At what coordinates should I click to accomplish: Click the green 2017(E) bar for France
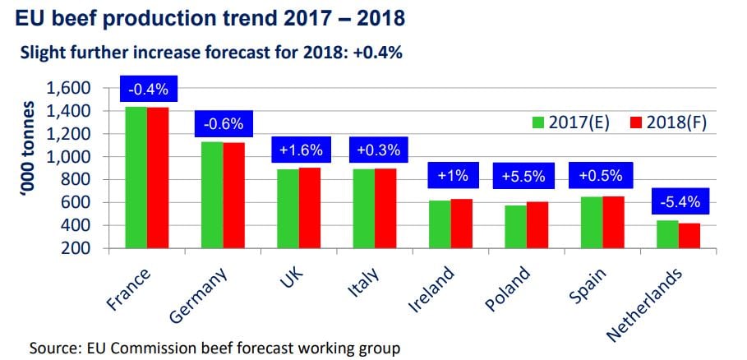click(x=136, y=177)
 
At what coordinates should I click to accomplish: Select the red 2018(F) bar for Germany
click(x=234, y=195)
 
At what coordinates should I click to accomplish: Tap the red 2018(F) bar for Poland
click(x=514, y=210)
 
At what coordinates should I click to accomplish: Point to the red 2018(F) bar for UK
click(x=310, y=207)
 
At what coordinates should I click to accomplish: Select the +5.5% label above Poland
click(x=519, y=176)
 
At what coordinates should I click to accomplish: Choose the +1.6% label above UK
click(x=299, y=151)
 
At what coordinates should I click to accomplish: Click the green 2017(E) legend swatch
click(x=539, y=122)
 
